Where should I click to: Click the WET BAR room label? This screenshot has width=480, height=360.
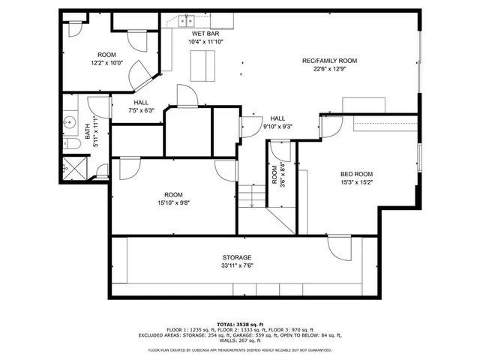205,34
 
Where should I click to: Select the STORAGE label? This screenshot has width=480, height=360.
236,257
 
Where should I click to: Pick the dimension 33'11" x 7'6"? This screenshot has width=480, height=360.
236,265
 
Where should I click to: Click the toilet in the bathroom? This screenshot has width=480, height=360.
72,144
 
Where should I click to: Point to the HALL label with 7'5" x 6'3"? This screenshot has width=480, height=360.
141,103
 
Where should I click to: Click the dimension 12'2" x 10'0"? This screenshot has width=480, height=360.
106,64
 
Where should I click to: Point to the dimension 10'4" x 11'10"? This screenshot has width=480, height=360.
205,42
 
